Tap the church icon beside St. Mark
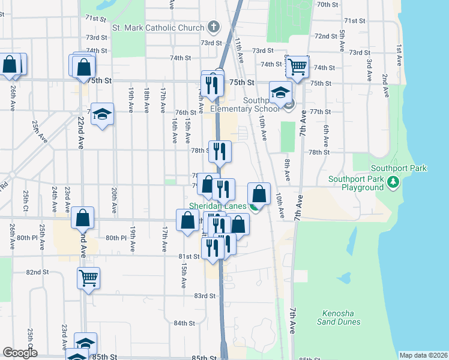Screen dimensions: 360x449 (212, 27)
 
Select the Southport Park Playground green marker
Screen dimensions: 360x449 (393, 181)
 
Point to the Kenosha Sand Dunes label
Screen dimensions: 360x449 (341, 317)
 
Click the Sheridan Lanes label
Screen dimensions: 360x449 (218, 206)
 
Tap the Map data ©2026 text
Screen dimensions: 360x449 (423, 355)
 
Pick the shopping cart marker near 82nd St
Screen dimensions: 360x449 (89, 278)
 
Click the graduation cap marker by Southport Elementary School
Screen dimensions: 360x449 (280, 92)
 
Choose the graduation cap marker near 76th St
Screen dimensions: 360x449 (103, 114)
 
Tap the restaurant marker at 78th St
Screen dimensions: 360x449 (220, 151)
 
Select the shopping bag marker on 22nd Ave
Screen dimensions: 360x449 (83, 218)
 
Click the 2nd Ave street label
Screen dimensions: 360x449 (385, 83)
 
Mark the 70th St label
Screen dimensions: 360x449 (328, 4)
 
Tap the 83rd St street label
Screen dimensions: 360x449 (204, 296)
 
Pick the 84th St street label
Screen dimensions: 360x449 (184, 323)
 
